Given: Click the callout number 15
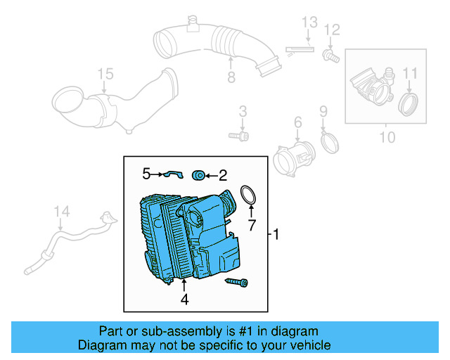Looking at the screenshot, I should click(105, 74).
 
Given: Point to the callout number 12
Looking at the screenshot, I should click(332, 29).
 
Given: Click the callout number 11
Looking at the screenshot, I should click(410, 72).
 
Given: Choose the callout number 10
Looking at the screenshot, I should click(387, 136).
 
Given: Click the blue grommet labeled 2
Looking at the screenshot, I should click(199, 174).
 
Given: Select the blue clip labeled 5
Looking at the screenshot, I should click(172, 174).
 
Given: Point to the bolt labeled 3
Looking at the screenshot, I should click(238, 134).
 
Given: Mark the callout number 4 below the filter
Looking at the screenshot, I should click(184, 300).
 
